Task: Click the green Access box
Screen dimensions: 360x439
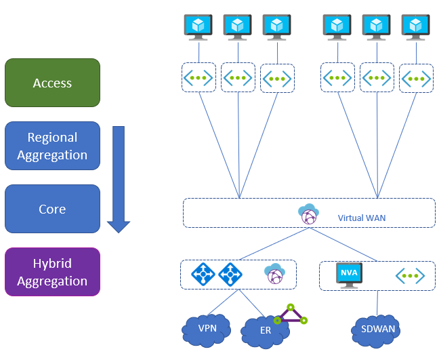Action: (52, 83)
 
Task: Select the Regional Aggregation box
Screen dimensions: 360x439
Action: (52, 146)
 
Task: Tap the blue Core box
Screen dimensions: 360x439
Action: (52, 209)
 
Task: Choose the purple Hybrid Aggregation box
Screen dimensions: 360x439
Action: (52, 272)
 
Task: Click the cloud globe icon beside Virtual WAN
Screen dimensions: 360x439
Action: (308, 214)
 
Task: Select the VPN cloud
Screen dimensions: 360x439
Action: (207, 329)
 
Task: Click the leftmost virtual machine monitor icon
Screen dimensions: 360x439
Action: (198, 26)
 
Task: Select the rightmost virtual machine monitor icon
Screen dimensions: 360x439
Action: (415, 26)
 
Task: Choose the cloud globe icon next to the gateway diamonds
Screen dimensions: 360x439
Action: (274, 275)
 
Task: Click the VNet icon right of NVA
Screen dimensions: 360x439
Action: (410, 275)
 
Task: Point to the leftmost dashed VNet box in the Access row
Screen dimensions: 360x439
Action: (198, 78)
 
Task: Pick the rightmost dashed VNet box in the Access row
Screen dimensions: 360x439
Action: (416, 78)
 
